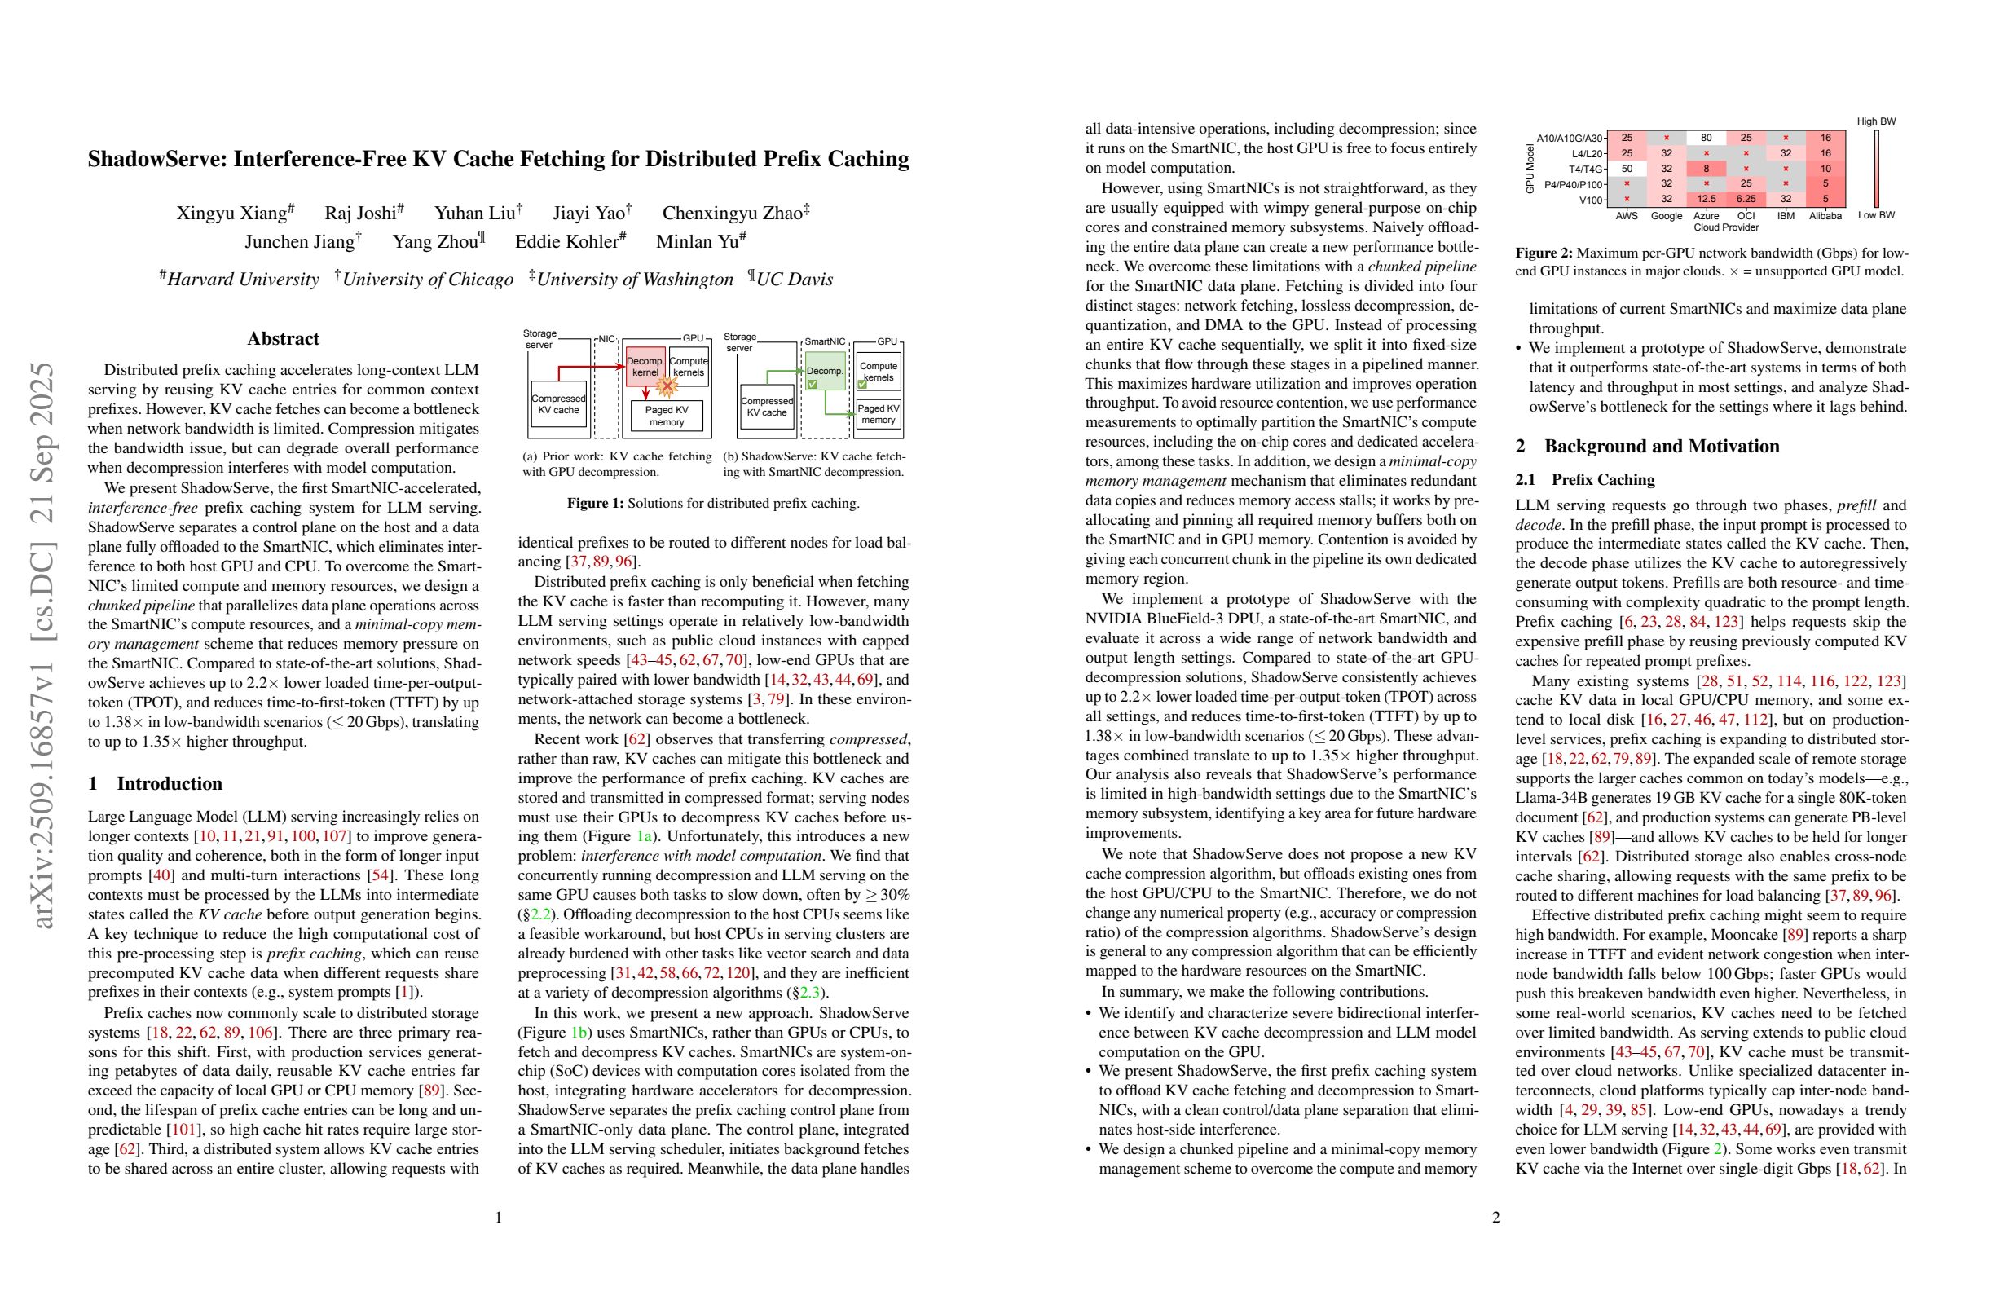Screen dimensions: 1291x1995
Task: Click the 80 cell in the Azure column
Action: coord(1706,138)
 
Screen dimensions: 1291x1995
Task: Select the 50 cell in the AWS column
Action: coord(1626,169)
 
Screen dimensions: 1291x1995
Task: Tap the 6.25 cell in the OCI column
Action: coord(1746,200)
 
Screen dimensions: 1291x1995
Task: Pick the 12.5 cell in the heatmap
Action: coord(1706,200)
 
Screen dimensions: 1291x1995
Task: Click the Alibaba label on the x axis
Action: coord(1825,215)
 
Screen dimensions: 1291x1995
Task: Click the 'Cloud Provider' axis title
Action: coord(1725,227)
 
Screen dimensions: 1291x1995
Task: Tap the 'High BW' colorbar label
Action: coord(1876,121)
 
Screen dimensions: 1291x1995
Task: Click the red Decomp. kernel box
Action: coord(645,366)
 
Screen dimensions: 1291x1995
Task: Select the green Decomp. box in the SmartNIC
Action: coord(825,370)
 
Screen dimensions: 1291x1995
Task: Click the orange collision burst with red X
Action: coord(667,386)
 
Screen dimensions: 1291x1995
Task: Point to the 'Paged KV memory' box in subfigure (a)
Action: coord(667,416)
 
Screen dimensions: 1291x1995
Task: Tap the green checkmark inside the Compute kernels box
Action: coord(862,385)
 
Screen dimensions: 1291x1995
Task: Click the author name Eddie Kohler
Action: coord(570,242)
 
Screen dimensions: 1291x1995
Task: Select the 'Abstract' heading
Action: coord(284,339)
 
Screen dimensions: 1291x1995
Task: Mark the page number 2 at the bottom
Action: coord(1495,1217)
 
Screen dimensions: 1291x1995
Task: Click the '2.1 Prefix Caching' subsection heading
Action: coord(1584,479)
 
